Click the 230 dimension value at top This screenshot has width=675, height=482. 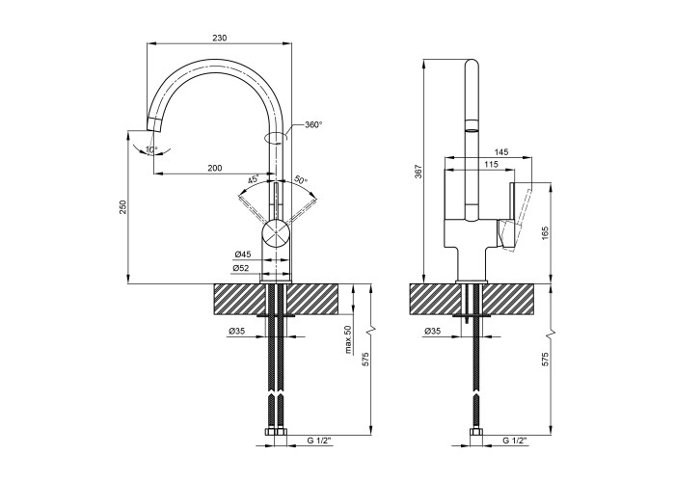(x=219, y=38)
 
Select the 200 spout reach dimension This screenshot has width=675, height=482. (x=215, y=168)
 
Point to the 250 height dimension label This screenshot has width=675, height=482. (x=123, y=207)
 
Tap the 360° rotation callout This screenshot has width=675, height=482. (x=313, y=124)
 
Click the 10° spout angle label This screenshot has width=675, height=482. (x=151, y=149)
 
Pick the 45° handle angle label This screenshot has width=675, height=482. (x=253, y=179)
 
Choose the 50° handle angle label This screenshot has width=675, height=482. (x=301, y=179)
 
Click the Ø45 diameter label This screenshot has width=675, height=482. (x=243, y=254)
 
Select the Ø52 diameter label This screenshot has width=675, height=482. (x=241, y=268)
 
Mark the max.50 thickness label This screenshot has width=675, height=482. (x=348, y=339)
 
